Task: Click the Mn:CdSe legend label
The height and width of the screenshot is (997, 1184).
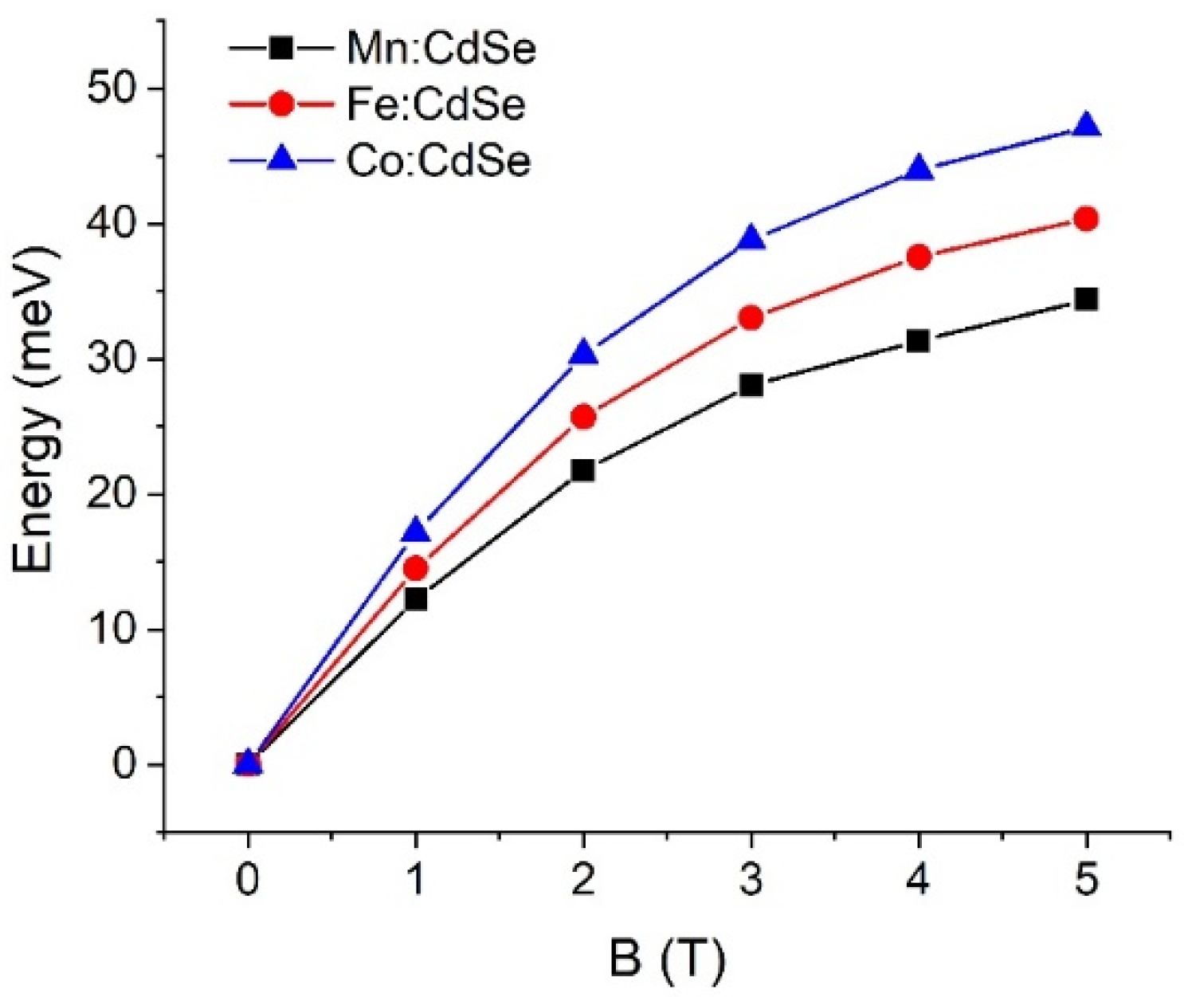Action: (x=441, y=49)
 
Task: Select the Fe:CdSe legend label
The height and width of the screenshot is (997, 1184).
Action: (x=436, y=104)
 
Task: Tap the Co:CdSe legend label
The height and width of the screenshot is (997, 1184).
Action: (x=438, y=161)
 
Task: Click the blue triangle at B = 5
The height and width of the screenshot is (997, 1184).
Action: (x=1086, y=126)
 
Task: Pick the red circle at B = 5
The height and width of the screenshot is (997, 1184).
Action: (x=1086, y=218)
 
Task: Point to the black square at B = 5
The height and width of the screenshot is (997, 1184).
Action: (x=1086, y=299)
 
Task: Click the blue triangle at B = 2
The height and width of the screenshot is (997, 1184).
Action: (x=583, y=352)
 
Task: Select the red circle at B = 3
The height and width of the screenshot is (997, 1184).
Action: (x=751, y=318)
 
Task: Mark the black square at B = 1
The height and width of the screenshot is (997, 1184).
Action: (x=415, y=599)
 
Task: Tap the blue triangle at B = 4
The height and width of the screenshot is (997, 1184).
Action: (x=919, y=168)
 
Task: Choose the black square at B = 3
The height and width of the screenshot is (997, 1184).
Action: (x=751, y=385)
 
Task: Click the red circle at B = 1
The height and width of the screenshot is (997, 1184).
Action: (x=415, y=568)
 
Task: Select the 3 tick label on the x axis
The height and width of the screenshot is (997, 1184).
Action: (x=751, y=881)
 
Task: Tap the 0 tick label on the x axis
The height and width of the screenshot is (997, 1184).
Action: (x=248, y=881)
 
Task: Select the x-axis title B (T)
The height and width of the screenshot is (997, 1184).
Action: (x=668, y=959)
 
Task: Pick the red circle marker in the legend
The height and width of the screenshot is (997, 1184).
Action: (x=281, y=104)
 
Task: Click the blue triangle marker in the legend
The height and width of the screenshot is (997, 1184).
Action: (x=281, y=160)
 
